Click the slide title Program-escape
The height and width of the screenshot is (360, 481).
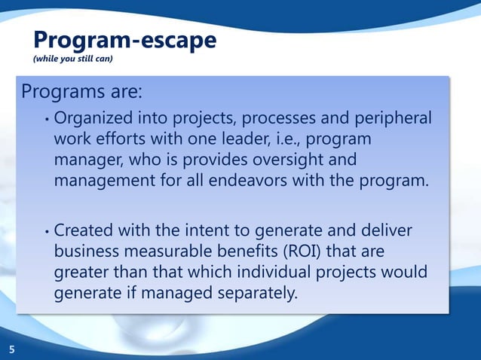tap(124, 40)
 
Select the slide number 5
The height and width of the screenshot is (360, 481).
tap(11, 349)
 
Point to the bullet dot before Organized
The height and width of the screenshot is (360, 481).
tap(47, 120)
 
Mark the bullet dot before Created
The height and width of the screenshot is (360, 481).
tap(47, 229)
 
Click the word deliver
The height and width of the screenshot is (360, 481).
tap(389, 228)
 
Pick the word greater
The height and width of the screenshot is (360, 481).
tap(82, 270)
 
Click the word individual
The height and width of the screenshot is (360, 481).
tap(268, 270)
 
